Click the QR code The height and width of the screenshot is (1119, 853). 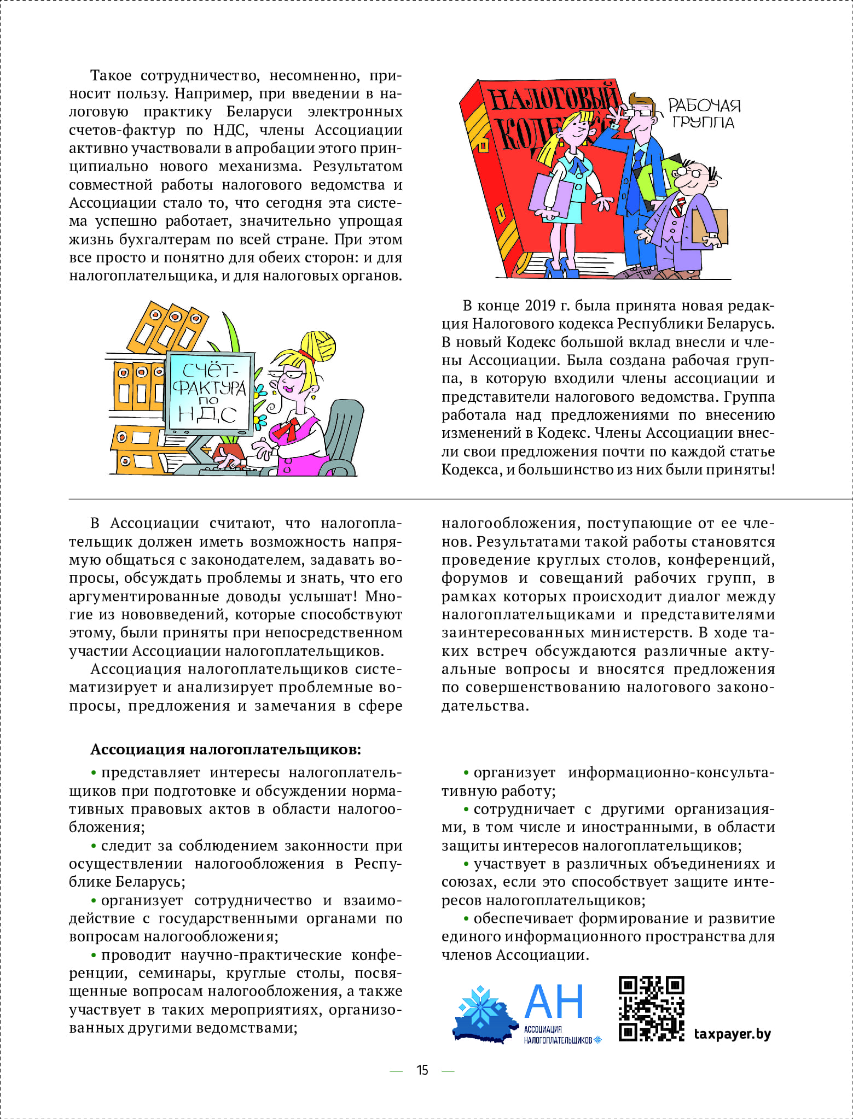[651, 1009]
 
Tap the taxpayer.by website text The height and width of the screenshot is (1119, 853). [732, 1034]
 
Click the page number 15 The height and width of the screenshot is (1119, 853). [422, 1070]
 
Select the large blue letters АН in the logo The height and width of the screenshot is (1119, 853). [554, 1001]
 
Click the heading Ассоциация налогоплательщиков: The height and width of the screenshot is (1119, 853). [225, 749]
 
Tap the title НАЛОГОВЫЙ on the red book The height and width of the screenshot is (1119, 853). [553, 98]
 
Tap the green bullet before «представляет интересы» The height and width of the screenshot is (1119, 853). [94, 773]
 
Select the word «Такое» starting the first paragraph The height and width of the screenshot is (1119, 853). [111, 75]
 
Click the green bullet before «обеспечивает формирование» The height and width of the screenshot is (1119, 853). [466, 919]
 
